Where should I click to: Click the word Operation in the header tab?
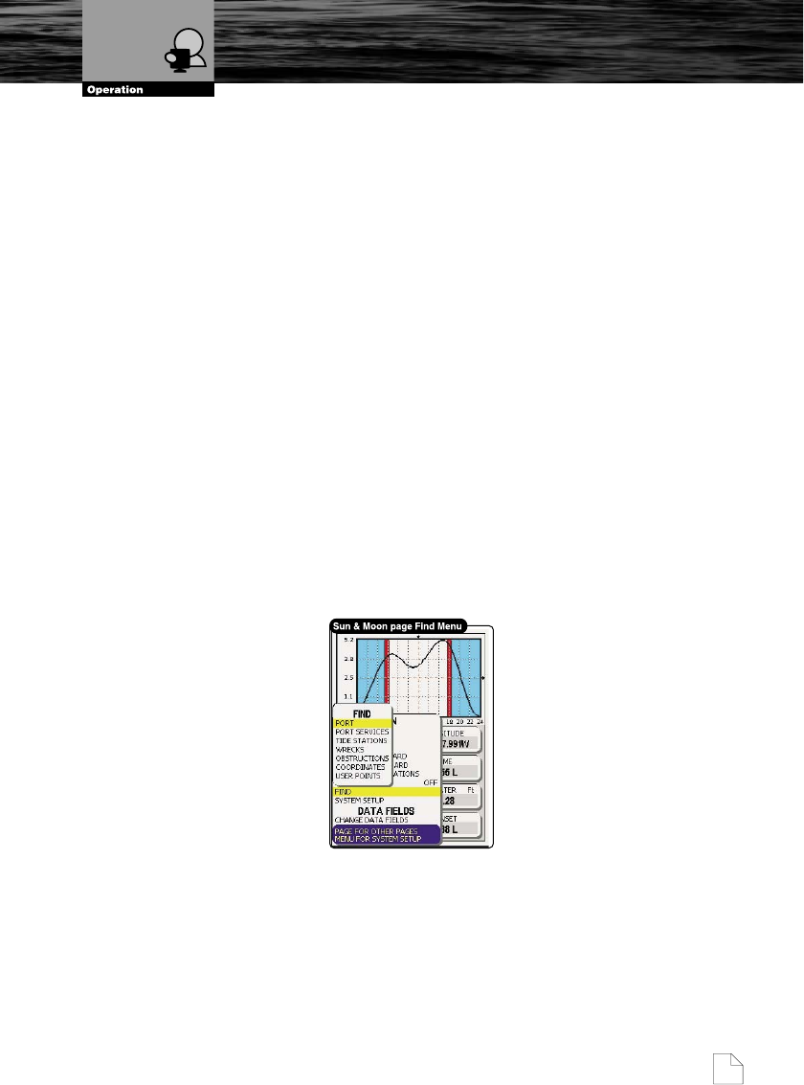pos(115,90)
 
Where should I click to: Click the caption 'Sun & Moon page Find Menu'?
pos(397,626)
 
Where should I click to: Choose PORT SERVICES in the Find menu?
pos(362,732)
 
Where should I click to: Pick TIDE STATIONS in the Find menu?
pos(361,740)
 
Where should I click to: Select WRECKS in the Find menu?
pos(349,749)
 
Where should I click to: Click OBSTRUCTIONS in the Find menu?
pos(362,757)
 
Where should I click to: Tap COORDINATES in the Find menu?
pos(360,766)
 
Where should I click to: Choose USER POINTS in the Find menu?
pos(357,775)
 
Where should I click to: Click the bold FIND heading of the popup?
pos(362,713)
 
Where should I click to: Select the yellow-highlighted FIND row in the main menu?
pos(383,792)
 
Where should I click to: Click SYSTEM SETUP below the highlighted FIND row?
pos(359,801)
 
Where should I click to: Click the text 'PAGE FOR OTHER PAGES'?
pos(377,830)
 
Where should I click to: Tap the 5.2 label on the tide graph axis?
pos(348,639)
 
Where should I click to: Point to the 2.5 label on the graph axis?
pos(348,678)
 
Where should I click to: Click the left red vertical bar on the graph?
pos(387,676)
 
